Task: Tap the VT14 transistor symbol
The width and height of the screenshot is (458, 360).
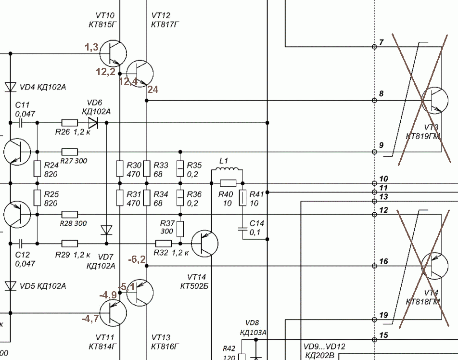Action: click(204, 243)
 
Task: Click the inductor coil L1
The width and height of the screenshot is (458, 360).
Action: click(227, 172)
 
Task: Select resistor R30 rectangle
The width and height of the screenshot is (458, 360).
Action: click(120, 168)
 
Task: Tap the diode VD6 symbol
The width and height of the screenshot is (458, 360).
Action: click(93, 123)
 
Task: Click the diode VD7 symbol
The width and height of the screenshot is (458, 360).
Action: click(106, 230)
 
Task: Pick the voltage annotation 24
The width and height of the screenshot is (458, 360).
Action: click(153, 89)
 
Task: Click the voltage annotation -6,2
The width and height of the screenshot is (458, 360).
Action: click(137, 260)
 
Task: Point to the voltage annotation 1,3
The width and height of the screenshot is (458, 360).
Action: click(92, 47)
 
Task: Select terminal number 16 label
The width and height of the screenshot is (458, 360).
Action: click(383, 261)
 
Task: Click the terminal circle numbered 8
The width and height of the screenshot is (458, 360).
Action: click(374, 101)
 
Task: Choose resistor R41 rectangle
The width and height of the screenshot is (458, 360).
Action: click(242, 198)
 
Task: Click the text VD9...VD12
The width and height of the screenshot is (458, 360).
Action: click(324, 347)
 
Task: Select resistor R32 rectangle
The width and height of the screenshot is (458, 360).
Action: click(163, 243)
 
